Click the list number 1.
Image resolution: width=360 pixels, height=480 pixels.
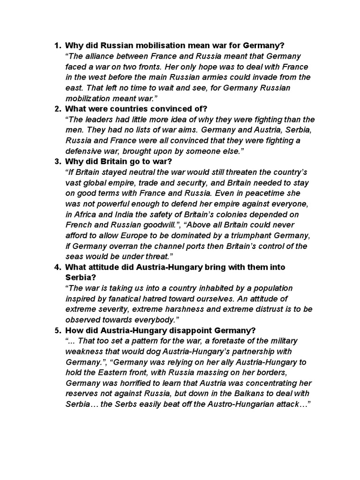pos(57,45)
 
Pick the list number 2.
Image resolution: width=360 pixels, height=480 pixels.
pos(57,109)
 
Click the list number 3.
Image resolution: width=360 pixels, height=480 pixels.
pos(57,162)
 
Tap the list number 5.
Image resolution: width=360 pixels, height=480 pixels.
pos(57,330)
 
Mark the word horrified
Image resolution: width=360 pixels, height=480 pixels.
pos(125,383)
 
